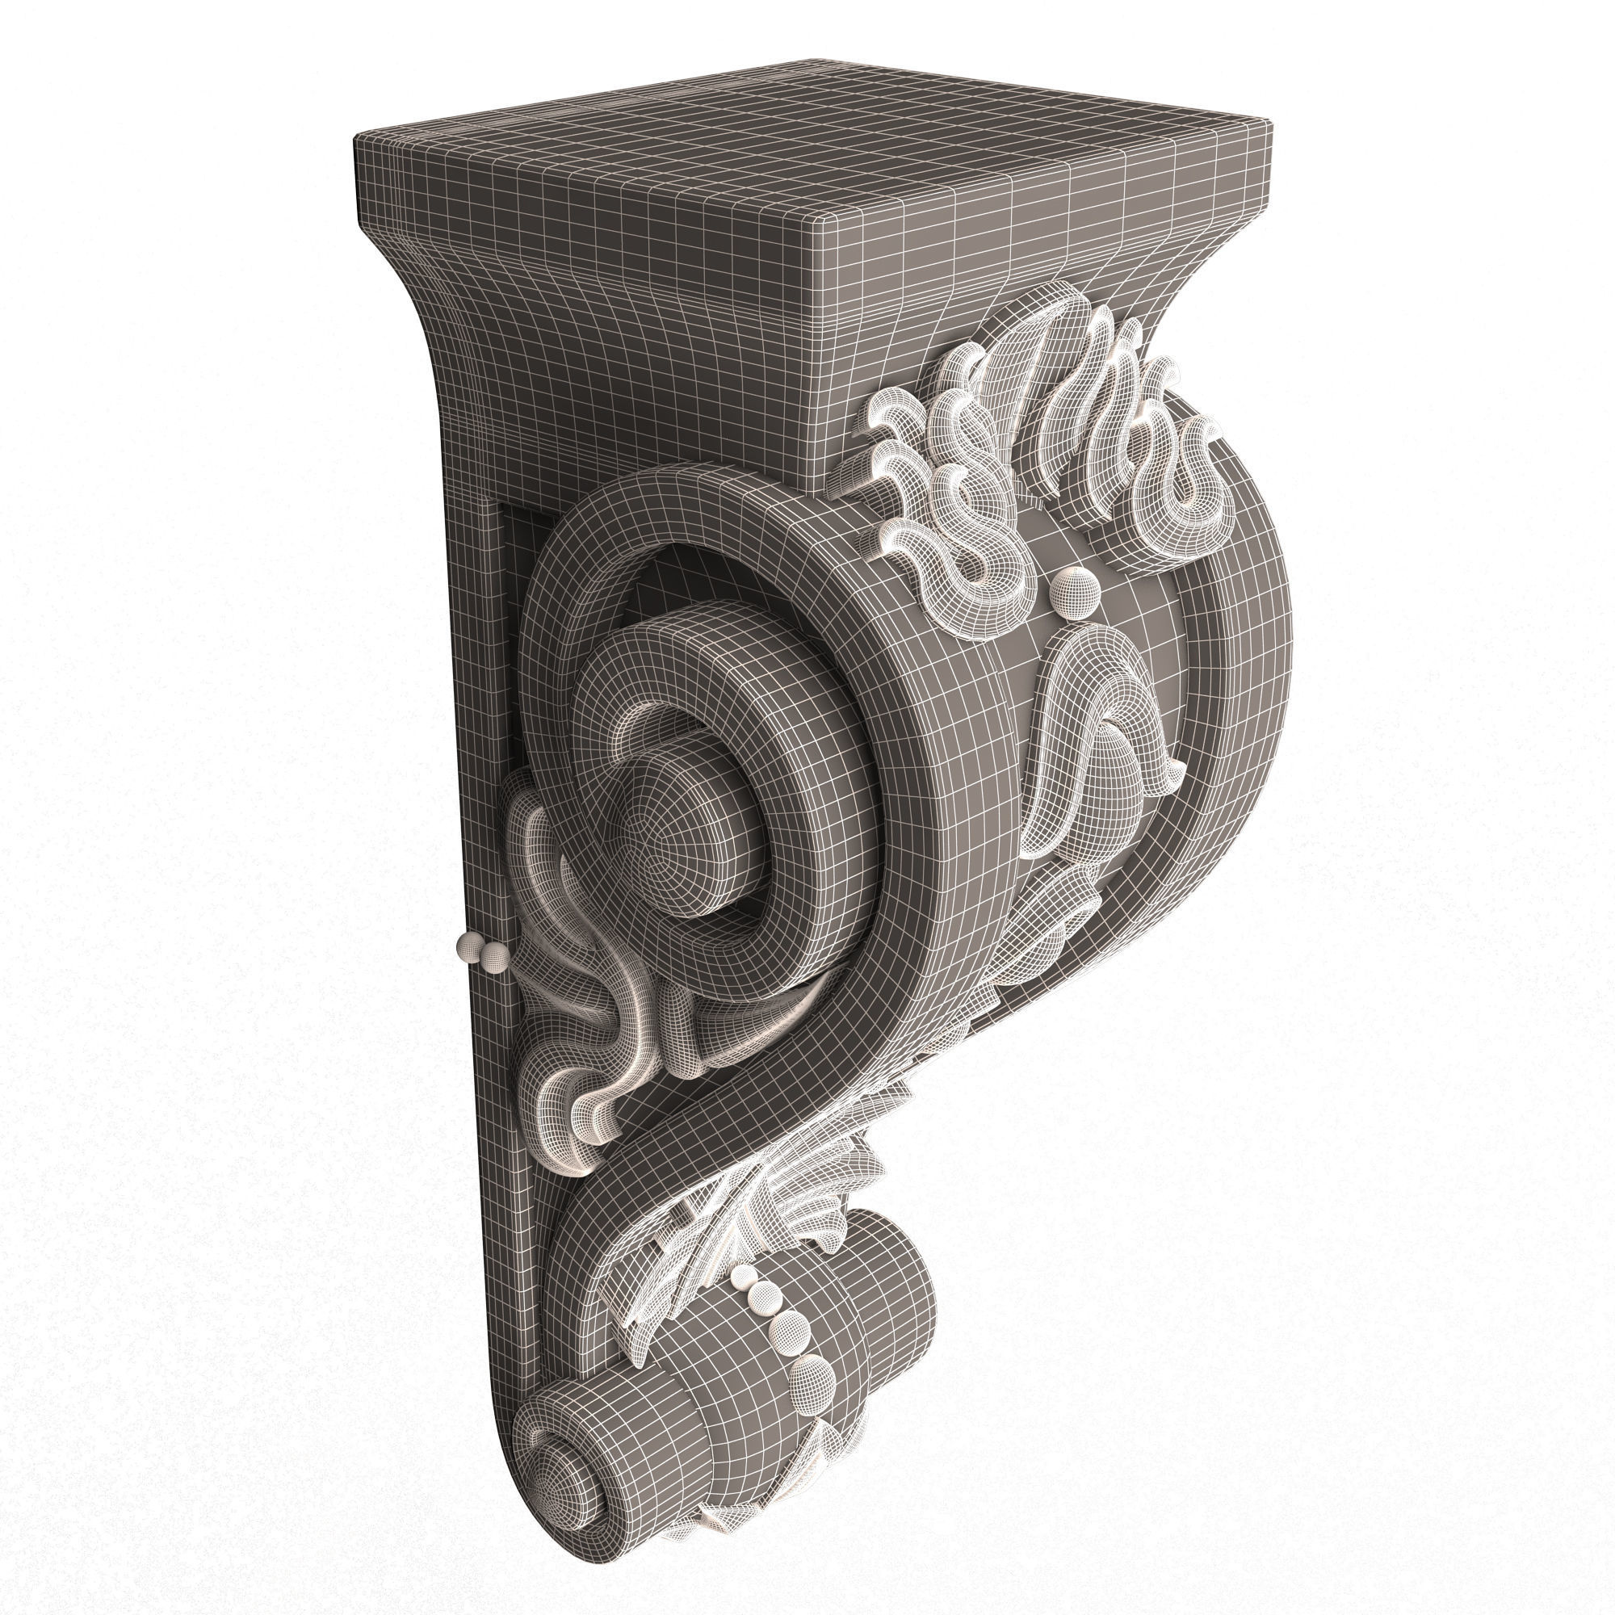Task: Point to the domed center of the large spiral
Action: pyautogui.click(x=669, y=845)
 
